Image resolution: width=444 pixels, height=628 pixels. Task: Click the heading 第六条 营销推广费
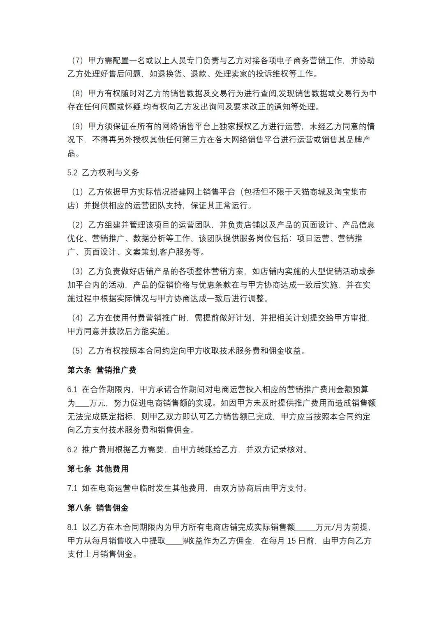pyautogui.click(x=102, y=370)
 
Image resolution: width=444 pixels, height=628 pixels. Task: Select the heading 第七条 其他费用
pyautogui.click(x=98, y=469)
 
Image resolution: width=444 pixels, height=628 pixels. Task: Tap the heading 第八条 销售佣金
pyautogui.click(x=98, y=508)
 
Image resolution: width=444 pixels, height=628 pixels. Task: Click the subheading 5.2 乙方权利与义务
pyautogui.click(x=103, y=173)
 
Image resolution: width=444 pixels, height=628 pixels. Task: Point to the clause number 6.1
pyautogui.click(x=72, y=389)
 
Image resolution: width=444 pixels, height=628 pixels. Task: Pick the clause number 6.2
pyautogui.click(x=72, y=450)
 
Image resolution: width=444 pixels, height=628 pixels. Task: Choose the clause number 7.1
pyautogui.click(x=72, y=488)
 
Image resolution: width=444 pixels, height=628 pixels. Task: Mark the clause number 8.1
pyautogui.click(x=72, y=527)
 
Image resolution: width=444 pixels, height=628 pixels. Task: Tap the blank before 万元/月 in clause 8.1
pyautogui.click(x=305, y=528)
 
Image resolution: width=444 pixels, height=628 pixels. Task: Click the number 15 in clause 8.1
pyautogui.click(x=291, y=541)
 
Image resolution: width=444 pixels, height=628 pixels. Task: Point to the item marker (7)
pyautogui.click(x=77, y=61)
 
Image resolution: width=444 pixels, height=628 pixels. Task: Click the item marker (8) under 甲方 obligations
pyautogui.click(x=77, y=94)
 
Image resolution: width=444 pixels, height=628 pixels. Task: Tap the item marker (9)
pyautogui.click(x=77, y=126)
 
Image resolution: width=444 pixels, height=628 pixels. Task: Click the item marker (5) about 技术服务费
pyautogui.click(x=77, y=351)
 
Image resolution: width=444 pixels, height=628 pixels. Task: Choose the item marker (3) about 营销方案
pyautogui.click(x=77, y=271)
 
